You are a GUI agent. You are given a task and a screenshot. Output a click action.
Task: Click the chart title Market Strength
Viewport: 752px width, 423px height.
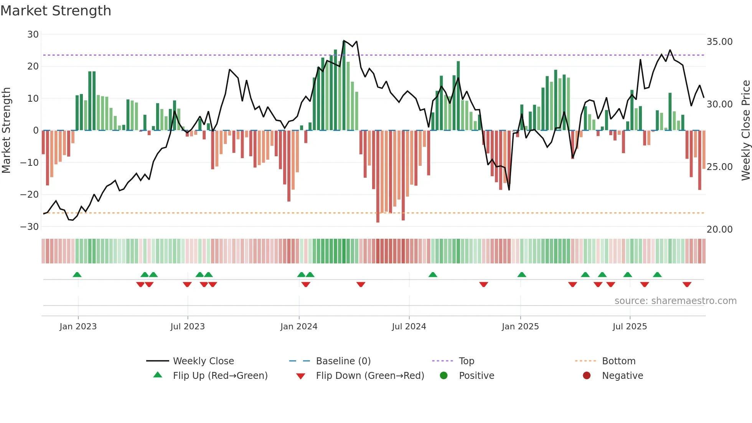coord(56,11)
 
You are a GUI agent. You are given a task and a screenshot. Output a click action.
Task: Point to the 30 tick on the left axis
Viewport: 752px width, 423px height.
coord(33,35)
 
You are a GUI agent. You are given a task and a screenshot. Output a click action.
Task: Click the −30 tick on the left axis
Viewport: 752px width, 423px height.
coord(30,226)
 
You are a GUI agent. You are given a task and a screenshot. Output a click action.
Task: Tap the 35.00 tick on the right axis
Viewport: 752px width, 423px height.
coord(719,42)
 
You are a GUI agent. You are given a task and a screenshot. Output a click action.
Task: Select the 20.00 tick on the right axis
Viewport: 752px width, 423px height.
coord(719,230)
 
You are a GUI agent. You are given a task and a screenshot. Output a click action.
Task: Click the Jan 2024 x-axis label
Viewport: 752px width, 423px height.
coord(298,327)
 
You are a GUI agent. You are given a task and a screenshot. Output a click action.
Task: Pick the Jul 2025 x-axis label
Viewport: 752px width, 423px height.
coord(629,327)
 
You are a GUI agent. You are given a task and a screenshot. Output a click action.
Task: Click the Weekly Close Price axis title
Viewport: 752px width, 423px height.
coord(745,131)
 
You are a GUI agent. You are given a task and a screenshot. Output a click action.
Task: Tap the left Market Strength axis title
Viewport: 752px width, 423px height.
coord(6,131)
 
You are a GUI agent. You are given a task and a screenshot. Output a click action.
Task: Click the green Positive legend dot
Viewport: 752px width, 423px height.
coord(444,376)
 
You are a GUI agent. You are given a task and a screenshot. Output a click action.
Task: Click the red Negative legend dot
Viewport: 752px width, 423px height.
coord(586,376)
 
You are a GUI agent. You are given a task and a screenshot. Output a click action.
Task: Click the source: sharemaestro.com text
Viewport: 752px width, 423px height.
coord(675,301)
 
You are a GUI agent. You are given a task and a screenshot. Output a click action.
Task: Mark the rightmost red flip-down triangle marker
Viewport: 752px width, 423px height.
coord(687,284)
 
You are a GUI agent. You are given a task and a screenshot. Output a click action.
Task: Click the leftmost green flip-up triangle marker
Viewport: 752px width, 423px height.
coord(77,274)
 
